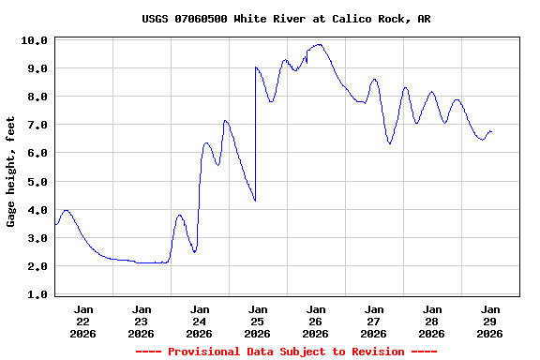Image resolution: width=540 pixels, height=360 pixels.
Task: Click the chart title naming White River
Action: pos(286,19)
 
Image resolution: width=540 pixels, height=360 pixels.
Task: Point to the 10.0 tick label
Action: pos(34,40)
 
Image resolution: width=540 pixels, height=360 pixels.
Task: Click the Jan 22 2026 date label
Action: pos(83,321)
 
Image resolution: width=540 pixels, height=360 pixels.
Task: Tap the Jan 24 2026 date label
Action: pos(200,321)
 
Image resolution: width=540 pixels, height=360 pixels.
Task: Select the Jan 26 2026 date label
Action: pos(316,321)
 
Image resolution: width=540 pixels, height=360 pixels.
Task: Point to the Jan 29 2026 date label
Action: pos(489,321)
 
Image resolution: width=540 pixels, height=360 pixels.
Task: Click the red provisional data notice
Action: pos(286,352)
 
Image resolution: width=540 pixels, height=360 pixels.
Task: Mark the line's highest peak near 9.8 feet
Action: pos(319,44)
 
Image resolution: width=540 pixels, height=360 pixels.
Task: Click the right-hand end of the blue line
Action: pos(491,132)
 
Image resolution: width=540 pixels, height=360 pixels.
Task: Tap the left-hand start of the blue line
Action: pos(55,225)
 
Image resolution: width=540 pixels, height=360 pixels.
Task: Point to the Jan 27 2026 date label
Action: pos(374,321)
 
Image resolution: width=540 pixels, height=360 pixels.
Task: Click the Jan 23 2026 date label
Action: pos(142,321)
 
